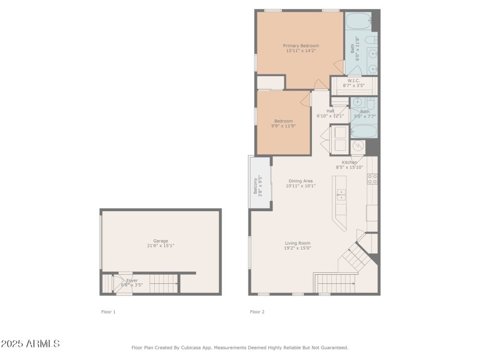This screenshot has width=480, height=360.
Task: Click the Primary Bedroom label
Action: point(301,46)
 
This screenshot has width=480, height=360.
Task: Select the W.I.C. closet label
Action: point(353,80)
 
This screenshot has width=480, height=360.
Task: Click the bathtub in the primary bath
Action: point(358,21)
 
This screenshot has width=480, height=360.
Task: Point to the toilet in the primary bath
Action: point(371,40)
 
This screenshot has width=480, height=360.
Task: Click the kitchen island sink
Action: point(341,194)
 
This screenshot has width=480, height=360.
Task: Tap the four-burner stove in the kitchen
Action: point(373,178)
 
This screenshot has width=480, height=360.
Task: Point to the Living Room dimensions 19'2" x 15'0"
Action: point(298,248)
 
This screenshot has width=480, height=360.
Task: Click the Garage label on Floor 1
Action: point(160,241)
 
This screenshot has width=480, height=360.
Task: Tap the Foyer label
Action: point(132,280)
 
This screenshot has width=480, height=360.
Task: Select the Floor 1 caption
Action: point(108,311)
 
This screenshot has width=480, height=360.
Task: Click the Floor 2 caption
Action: point(257,311)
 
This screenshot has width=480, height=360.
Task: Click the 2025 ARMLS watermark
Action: point(30,344)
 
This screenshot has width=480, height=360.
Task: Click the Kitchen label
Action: point(350,162)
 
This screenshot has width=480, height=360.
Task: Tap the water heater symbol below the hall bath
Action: point(358,146)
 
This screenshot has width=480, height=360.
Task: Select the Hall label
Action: point(331,111)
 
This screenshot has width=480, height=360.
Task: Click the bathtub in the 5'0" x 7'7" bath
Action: point(364,130)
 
